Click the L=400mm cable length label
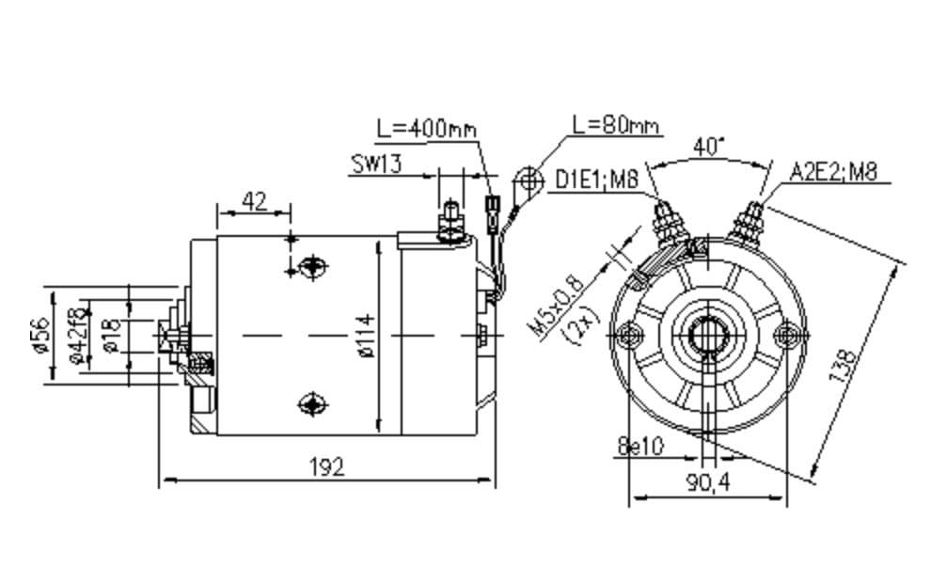[x=426, y=129]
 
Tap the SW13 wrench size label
[x=376, y=165]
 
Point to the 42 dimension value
[x=254, y=200]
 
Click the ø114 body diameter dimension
[x=367, y=335]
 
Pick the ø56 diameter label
[x=40, y=335]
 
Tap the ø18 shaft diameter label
[x=112, y=335]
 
